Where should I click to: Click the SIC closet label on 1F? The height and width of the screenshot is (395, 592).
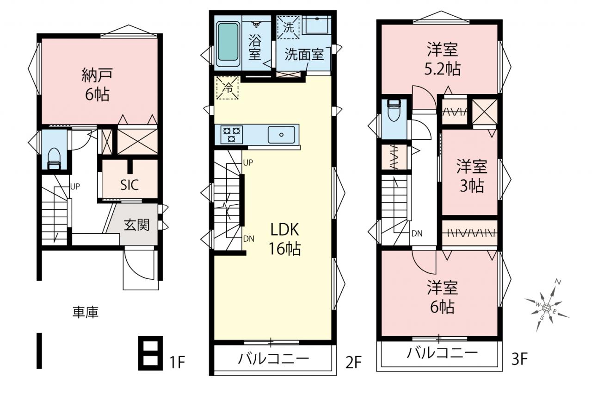pyautogui.click(x=129, y=185)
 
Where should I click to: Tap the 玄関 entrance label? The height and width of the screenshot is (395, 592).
pyautogui.click(x=136, y=225)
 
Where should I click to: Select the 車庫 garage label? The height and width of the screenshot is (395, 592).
pyautogui.click(x=86, y=312)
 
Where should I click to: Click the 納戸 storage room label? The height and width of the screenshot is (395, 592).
pyautogui.click(x=97, y=75)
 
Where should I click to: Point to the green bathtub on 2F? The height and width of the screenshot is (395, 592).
pyautogui.click(x=228, y=42)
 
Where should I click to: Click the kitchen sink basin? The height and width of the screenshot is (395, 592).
pyautogui.click(x=281, y=135)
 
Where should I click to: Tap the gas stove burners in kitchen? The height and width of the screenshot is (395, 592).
pyautogui.click(x=232, y=134)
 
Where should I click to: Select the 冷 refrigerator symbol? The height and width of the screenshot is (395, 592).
pyautogui.click(x=228, y=88)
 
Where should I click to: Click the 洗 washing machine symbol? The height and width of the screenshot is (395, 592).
pyautogui.click(x=288, y=27)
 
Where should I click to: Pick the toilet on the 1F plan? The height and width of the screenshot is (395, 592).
pyautogui.click(x=54, y=159)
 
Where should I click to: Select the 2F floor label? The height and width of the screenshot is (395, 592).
pyautogui.click(x=353, y=362)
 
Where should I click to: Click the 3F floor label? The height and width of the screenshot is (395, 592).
pyautogui.click(x=519, y=359)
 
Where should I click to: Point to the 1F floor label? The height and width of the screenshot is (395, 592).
pyautogui.click(x=177, y=362)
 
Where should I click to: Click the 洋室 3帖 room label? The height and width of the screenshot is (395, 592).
pyautogui.click(x=472, y=176)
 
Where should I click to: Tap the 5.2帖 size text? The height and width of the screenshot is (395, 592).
pyautogui.click(x=443, y=69)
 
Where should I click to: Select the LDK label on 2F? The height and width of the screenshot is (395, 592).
pyautogui.click(x=284, y=230)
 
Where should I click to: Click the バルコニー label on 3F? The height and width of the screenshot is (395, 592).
pyautogui.click(x=442, y=353)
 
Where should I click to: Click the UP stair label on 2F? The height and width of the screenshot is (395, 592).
pyautogui.click(x=248, y=163)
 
